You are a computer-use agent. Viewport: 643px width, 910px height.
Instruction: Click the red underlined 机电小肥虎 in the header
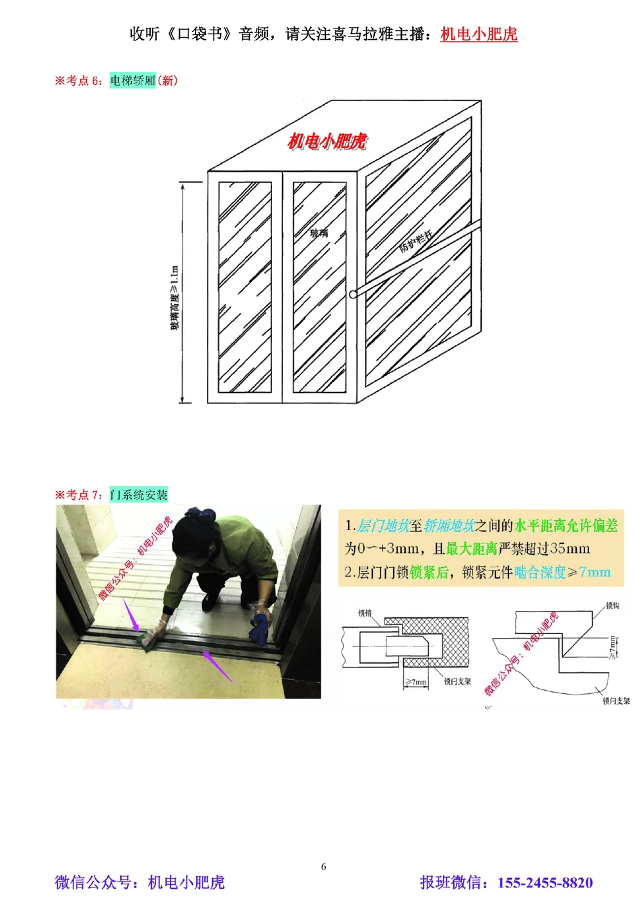(478, 34)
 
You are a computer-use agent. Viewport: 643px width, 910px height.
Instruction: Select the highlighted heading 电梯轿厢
(132, 80)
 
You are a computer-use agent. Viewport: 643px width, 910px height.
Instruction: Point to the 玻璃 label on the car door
(319, 233)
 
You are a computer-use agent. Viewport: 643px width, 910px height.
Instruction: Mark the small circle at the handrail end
(353, 295)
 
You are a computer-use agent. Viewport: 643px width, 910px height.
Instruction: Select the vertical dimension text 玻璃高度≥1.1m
(174, 298)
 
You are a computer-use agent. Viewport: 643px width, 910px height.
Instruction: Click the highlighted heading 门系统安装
(139, 495)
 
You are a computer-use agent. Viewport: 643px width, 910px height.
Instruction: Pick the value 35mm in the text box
(570, 549)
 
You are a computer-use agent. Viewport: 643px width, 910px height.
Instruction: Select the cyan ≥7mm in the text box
(588, 572)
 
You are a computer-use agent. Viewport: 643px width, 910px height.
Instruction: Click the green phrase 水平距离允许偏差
(566, 525)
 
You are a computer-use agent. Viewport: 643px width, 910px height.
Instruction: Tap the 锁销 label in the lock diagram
(365, 612)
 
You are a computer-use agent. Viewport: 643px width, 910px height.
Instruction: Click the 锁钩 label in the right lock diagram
(612, 606)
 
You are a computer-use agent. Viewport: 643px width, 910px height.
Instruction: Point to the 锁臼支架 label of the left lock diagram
(457, 681)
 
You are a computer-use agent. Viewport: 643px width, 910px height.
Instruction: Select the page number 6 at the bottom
(323, 866)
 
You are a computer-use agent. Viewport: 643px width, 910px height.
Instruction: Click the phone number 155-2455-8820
(545, 882)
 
